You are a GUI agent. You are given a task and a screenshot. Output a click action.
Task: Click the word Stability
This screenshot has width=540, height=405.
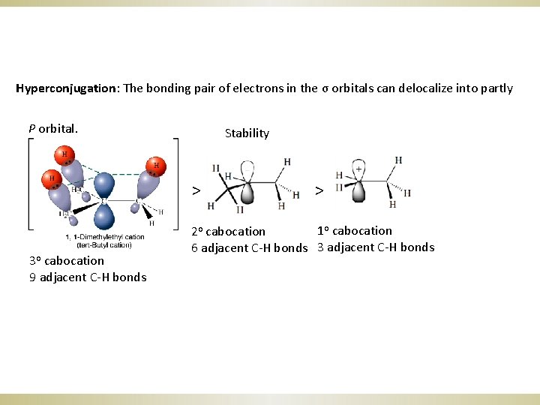point(247,133)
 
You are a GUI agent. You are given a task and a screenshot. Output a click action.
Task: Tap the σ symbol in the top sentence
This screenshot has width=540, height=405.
point(324,88)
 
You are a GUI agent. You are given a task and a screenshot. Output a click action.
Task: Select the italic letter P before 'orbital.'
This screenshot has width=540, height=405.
point(32,128)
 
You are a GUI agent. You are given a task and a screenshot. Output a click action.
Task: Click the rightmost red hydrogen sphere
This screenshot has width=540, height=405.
point(157,166)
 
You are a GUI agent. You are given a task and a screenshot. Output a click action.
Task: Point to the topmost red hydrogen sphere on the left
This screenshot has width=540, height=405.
point(64,156)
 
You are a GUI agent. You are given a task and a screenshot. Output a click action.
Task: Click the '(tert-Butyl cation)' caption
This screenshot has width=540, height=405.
point(104,245)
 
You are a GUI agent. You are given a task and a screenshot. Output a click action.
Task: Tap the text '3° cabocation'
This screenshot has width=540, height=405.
point(67,261)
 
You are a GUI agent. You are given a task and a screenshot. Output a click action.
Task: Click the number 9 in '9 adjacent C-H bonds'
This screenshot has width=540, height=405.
point(33,277)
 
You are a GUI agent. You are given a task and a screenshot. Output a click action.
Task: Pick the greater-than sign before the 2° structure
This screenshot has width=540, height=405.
point(195,190)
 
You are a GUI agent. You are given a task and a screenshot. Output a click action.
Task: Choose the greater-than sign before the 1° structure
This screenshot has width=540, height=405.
point(319,190)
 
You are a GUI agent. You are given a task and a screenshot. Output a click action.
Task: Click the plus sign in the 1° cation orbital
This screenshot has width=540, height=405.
point(358,169)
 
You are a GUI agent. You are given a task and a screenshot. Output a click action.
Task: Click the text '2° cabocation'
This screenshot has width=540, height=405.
point(228,231)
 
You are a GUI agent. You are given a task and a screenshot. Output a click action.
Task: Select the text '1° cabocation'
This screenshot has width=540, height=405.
point(355,230)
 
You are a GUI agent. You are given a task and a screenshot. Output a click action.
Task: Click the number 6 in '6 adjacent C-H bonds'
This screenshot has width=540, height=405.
point(195,248)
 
